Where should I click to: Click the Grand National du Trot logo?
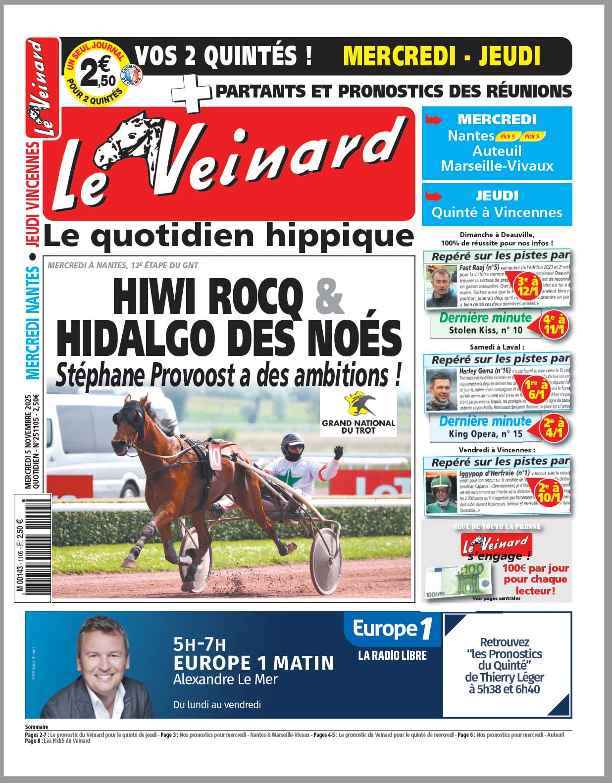358,413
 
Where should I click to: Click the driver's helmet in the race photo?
292,445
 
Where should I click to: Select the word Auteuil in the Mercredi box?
497,150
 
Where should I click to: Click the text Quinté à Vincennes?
497,212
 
